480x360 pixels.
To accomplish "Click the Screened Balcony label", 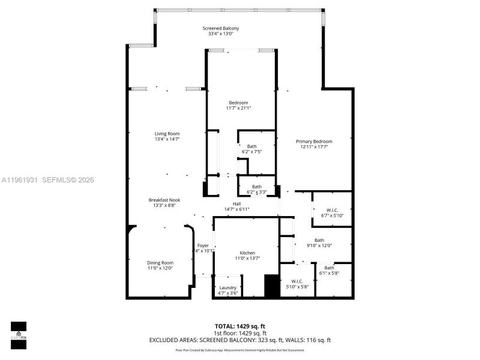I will (x=220, y=29).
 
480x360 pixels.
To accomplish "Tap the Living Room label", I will (x=167, y=134).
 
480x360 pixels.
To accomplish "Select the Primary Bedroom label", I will (x=314, y=142).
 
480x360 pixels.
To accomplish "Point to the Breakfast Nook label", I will (x=164, y=200).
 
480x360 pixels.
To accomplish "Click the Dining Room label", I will (x=160, y=262).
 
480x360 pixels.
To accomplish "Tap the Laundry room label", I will (x=228, y=288).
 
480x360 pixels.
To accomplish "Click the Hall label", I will (x=236, y=203).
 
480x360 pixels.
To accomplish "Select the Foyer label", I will (x=203, y=245).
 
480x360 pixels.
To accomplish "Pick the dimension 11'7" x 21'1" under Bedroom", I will (x=239, y=108).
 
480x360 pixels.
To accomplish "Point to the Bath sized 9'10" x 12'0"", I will (x=319, y=240).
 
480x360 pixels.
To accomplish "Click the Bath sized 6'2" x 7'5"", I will (x=251, y=146).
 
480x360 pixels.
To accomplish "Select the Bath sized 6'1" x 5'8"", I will (x=329, y=268).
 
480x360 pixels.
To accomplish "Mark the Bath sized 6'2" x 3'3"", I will (x=256, y=187).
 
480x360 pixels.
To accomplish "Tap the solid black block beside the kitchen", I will (x=272, y=286).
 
